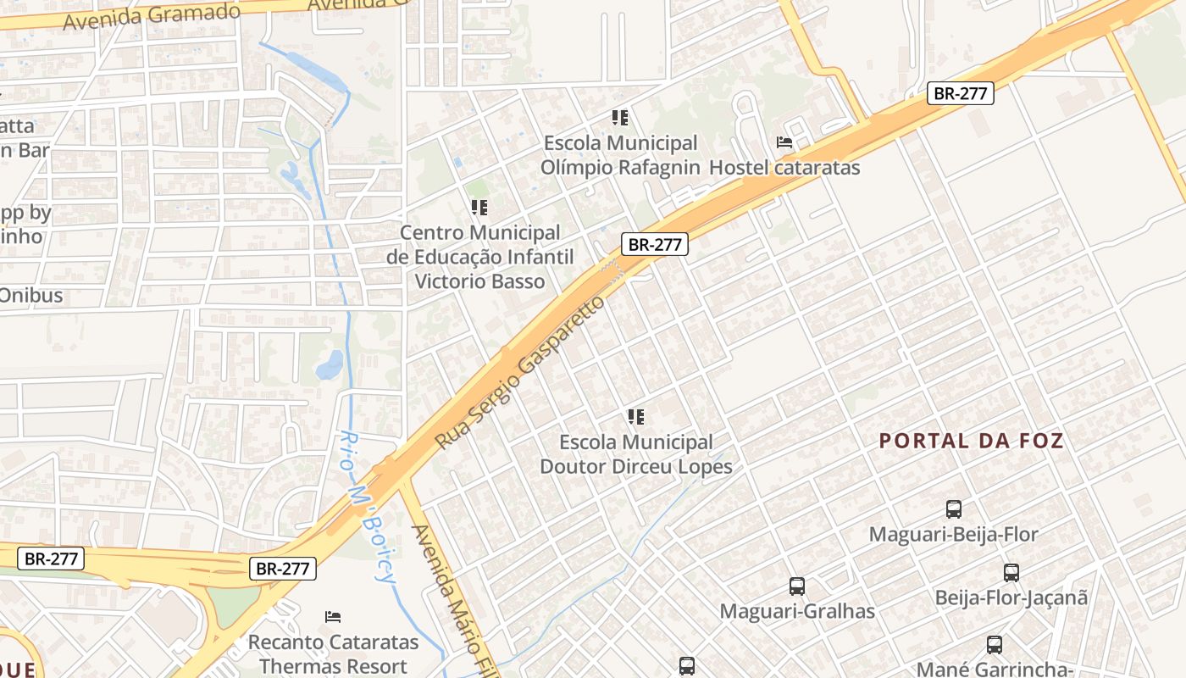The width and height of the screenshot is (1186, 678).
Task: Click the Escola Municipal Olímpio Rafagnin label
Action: [x=620, y=155]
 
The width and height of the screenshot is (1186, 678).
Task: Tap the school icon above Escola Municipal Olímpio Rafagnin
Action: [x=620, y=118]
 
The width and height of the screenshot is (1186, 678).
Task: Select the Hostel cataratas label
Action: [x=784, y=168]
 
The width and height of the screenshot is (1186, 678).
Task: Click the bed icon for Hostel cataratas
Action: [x=784, y=142]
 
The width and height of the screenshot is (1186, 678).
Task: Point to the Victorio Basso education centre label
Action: [x=480, y=257]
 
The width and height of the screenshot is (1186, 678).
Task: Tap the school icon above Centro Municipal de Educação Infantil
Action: [x=479, y=207]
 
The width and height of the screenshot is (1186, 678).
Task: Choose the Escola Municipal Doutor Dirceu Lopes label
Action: [x=636, y=454]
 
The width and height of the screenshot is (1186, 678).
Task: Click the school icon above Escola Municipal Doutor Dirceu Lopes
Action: [x=636, y=416]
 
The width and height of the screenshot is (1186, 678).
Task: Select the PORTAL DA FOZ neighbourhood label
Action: [x=971, y=441]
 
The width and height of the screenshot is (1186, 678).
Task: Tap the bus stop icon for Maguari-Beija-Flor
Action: [x=954, y=509]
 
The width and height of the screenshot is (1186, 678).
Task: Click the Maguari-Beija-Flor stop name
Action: [x=954, y=535]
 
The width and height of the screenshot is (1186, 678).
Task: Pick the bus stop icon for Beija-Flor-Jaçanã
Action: [x=1011, y=572]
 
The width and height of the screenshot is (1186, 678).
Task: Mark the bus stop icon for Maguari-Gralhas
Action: [x=797, y=586]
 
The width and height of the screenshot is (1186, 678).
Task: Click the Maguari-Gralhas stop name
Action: [x=797, y=611]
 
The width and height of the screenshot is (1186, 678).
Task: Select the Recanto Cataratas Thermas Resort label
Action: [x=334, y=654]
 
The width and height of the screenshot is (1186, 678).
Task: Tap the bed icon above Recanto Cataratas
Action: [x=334, y=616]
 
